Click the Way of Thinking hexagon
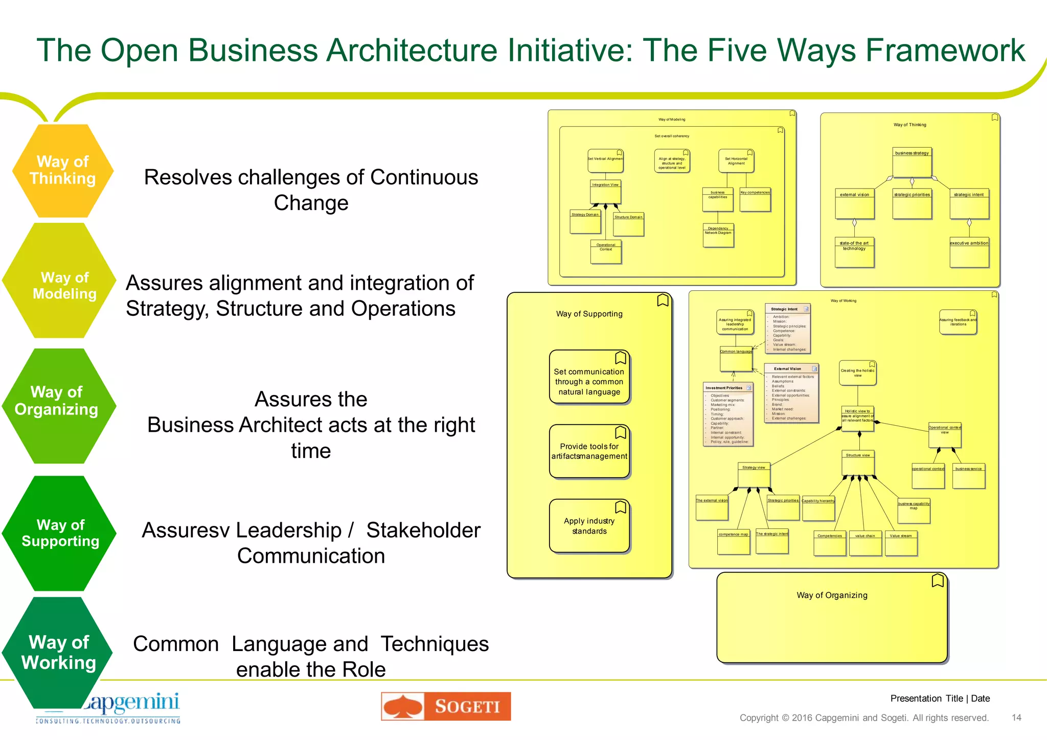tap(62, 170)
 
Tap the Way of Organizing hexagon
tap(58, 406)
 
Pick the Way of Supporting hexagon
tap(59, 533)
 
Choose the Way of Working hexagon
tap(57, 652)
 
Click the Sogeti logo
tap(445, 706)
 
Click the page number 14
tap(1016, 718)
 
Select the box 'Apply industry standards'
tap(589, 526)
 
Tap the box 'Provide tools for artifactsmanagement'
tap(589, 451)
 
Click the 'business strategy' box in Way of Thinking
tap(912, 163)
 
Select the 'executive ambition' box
tap(969, 252)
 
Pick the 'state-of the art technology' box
tap(854, 252)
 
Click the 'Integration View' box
tap(605, 192)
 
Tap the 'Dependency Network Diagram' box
tap(718, 235)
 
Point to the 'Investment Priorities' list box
tap(728, 414)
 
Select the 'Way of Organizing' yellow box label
tap(832, 595)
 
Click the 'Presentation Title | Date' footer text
tap(940, 699)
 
